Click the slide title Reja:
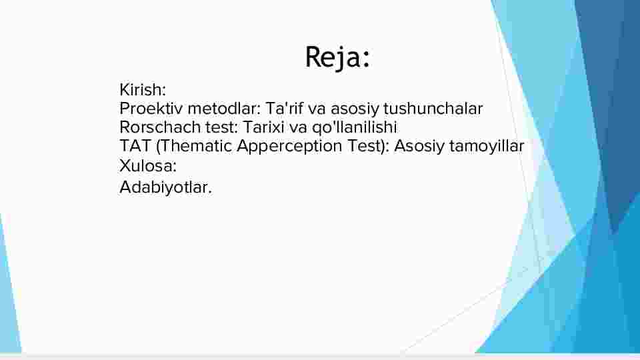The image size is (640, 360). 337,57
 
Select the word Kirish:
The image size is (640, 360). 143,90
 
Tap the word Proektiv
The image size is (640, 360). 151,109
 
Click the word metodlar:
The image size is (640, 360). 224,109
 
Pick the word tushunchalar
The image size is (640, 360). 433,109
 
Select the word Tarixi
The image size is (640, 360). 263,127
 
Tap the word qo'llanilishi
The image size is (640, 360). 354,128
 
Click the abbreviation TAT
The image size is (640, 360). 135,146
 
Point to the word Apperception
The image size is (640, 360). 289,147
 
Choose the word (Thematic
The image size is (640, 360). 194,146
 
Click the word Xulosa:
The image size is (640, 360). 148,166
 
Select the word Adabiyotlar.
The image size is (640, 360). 166,188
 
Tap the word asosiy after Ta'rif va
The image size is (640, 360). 355,109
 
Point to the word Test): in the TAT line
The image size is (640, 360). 368,146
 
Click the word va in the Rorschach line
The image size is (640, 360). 297,128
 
